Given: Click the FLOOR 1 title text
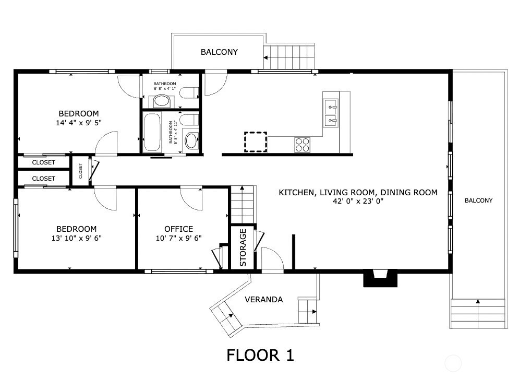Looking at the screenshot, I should point(260,356).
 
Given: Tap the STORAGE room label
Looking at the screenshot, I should point(243,247).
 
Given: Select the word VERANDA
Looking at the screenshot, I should point(264,300).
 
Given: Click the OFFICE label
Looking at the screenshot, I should point(178,229).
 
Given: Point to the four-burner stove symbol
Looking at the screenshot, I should point(303,144).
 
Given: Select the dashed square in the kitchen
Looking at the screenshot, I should point(256,142).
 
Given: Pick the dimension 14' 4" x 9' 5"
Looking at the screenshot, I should point(78,123).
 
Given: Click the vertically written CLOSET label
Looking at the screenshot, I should point(81,171).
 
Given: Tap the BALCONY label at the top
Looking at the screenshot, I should point(219,52).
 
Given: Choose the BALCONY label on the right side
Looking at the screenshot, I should point(478,200).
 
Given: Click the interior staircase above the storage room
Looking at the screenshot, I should point(243,204).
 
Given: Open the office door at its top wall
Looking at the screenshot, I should point(191,197).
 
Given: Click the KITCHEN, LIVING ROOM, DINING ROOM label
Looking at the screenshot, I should point(358,193).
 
